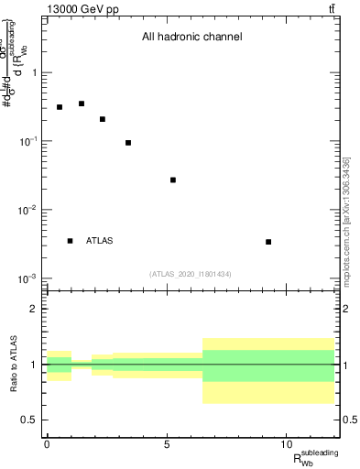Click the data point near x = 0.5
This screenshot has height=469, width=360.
(60, 107)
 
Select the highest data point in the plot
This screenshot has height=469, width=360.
(82, 104)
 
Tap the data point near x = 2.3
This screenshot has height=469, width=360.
(103, 119)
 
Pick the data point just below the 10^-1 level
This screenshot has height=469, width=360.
(128, 143)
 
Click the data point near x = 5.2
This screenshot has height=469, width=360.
(173, 180)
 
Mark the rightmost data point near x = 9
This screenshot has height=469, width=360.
(268, 242)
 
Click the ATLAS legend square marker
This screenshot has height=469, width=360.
(71, 241)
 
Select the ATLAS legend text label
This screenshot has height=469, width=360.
(100, 241)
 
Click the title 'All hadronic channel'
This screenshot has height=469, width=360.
(191, 38)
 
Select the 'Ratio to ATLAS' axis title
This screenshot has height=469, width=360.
(13, 364)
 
